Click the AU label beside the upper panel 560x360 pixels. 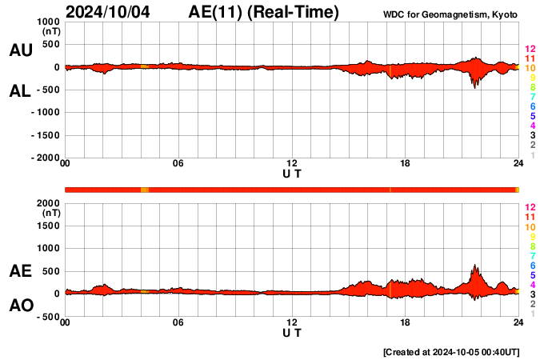pos(20,50)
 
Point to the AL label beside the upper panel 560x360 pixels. pos(20,90)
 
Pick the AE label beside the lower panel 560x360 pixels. pos(20,271)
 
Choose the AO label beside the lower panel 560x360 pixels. pos(20,306)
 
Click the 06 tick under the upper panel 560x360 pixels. pos(178,165)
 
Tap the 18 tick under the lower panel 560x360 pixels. pos(406,323)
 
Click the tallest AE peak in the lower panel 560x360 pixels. pos(474,266)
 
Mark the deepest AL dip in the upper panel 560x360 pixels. pos(474,86)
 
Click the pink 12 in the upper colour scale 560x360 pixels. pos(530,50)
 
